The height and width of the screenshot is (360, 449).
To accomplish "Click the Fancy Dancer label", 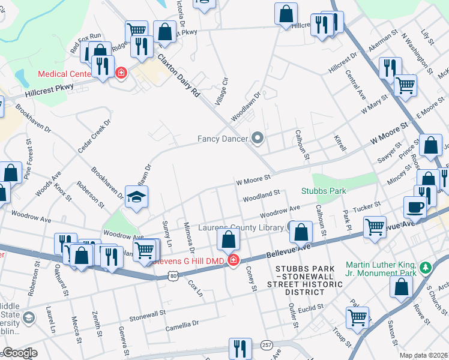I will click(223, 139).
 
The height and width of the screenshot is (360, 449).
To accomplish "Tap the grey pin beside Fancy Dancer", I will click(259, 139).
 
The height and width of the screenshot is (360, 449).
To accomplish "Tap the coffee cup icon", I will click(415, 208).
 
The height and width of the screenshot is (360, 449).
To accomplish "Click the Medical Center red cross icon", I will click(121, 73).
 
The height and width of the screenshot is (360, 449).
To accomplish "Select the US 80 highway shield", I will click(173, 275).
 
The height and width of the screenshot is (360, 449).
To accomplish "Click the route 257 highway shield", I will click(267, 346).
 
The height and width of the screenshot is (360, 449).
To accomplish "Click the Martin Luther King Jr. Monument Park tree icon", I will click(425, 266).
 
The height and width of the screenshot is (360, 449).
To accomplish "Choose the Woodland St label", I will click(262, 196).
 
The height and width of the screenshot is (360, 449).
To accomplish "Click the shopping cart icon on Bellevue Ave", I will click(375, 228).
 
